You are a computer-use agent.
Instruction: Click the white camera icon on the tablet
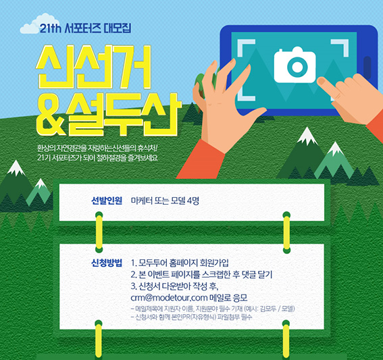click(295, 65)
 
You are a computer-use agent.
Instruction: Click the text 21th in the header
click(50, 28)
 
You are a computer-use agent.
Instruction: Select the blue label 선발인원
click(107, 201)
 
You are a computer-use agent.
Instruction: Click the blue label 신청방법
click(107, 263)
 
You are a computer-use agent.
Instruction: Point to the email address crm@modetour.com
click(169, 298)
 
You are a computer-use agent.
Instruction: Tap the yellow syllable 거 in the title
click(133, 66)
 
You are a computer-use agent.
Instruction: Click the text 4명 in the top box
click(193, 201)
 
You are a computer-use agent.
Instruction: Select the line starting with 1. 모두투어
click(180, 263)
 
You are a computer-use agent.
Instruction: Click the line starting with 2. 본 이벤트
click(201, 274)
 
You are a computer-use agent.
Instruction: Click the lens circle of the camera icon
click(297, 66)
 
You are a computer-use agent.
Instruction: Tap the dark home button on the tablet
click(367, 68)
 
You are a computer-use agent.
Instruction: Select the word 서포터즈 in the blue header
click(83, 28)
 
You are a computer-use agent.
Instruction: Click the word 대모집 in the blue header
click(118, 28)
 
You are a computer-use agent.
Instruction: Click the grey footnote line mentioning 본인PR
click(191, 317)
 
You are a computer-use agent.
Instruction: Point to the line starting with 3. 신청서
click(174, 286)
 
